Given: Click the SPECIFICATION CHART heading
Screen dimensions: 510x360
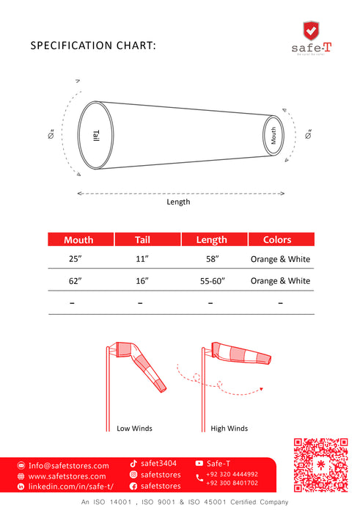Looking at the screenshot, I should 93,45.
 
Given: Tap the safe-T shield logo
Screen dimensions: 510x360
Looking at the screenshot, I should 311,32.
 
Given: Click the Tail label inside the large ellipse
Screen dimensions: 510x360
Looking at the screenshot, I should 96,135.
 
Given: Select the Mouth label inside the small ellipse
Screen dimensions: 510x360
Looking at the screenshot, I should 273,134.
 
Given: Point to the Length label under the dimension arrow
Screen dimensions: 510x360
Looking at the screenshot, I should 178,202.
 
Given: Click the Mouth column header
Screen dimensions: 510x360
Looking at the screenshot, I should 78,240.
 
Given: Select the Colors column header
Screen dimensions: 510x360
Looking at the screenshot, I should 277,240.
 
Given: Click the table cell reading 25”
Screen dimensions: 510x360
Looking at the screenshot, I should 75,259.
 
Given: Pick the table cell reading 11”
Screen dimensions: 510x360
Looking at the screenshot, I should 142,259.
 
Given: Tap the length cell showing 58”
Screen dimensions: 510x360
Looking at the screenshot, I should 211,259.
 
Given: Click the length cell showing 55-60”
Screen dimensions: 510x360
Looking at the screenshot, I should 211,281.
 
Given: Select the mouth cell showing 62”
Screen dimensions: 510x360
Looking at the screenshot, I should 75,281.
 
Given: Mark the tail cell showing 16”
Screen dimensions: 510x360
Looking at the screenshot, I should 142,281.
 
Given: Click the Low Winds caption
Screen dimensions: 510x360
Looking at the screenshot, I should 134,428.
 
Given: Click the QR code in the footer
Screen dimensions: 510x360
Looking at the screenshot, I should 320,465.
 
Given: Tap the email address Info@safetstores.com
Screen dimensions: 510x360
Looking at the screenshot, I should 68,465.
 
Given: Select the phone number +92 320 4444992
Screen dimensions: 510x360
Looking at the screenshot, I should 232,474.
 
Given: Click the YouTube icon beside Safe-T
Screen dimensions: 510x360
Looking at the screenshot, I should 199,463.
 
